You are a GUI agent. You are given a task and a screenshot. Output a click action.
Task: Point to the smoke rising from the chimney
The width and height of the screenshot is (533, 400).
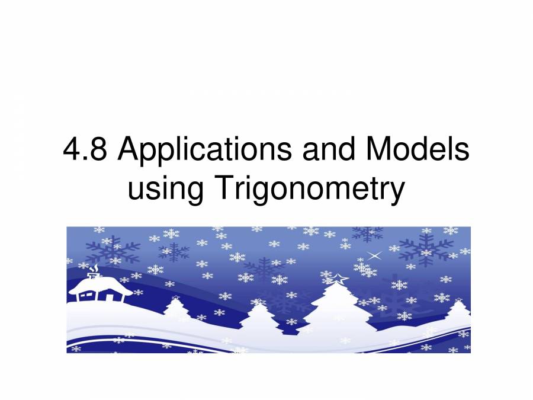(94, 269)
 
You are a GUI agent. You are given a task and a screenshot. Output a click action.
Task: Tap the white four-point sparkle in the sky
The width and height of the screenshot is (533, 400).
(374, 255)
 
